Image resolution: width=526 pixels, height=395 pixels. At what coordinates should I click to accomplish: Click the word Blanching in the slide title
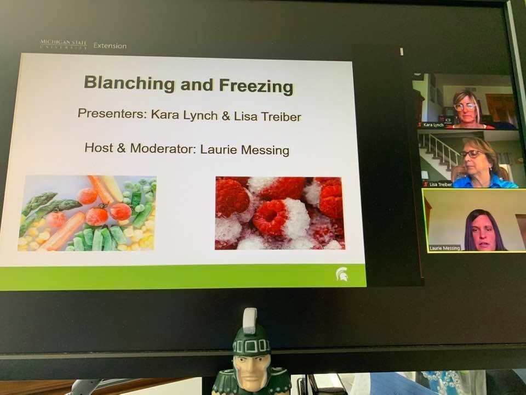pos(129,83)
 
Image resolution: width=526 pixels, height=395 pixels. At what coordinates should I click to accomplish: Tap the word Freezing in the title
pos(256,86)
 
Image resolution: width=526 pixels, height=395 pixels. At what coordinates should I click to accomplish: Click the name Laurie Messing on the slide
pos(244,149)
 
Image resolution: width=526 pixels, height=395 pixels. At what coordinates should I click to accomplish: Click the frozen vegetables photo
pos(88,213)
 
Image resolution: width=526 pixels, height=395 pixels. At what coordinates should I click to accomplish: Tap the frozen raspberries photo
pos(280,213)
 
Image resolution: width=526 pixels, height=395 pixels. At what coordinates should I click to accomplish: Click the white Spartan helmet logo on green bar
pos(342,274)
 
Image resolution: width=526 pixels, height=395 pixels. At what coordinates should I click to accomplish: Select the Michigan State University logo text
pos(64,44)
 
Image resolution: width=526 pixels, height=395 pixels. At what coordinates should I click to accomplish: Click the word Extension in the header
pos(110,46)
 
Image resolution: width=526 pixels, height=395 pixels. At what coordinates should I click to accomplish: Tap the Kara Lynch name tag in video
pos(433,125)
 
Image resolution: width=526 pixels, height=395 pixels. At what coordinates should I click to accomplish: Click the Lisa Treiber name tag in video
pos(441,184)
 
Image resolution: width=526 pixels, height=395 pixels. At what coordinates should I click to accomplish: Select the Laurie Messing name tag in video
pos(444,248)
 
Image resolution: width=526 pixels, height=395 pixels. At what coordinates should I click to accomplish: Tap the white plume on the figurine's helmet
pos(250,321)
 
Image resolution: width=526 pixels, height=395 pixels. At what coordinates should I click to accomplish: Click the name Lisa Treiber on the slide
pos(267,116)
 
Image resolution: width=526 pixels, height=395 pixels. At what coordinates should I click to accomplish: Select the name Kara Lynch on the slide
pos(184,115)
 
